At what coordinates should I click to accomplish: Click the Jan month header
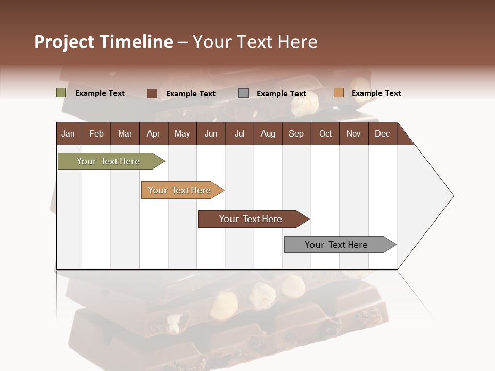coord(68,133)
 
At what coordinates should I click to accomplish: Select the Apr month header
coord(154,133)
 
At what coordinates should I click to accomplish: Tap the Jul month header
coord(239,133)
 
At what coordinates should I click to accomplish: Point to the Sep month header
coord(296,133)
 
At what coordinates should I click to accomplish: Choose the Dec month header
coord(382,133)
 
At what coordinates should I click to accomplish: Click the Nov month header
coord(354,133)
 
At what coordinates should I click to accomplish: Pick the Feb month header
coord(96,133)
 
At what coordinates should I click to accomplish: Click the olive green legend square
coord(61,93)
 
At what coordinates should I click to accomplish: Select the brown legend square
coord(152,93)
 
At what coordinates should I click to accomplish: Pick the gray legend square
coord(243,93)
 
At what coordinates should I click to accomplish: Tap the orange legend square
coord(338,93)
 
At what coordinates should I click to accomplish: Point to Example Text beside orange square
coord(376,93)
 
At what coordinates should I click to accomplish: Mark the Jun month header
coord(211,133)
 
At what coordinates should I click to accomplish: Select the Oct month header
coord(325,133)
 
